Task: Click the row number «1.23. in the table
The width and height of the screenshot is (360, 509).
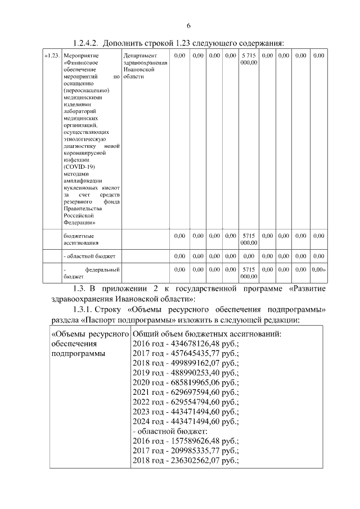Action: point(52,56)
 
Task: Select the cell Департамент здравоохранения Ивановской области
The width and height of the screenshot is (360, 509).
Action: point(141,66)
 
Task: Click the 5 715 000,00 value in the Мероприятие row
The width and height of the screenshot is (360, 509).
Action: point(249,59)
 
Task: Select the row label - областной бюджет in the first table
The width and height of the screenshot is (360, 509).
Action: point(89,256)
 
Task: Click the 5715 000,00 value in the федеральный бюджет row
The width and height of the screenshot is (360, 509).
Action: point(249,273)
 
